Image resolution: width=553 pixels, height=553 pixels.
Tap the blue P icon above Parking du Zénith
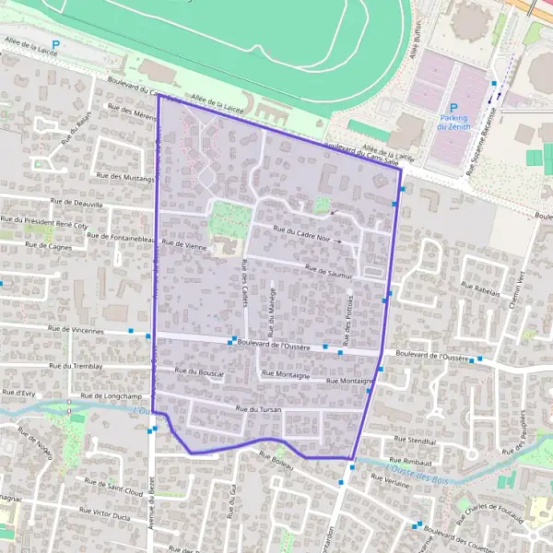(x=453, y=107)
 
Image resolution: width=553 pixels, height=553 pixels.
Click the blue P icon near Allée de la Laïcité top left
(x=55, y=44)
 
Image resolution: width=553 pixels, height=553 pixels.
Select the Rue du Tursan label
(x=257, y=408)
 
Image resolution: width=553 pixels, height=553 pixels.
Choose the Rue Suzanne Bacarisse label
(x=486, y=144)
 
